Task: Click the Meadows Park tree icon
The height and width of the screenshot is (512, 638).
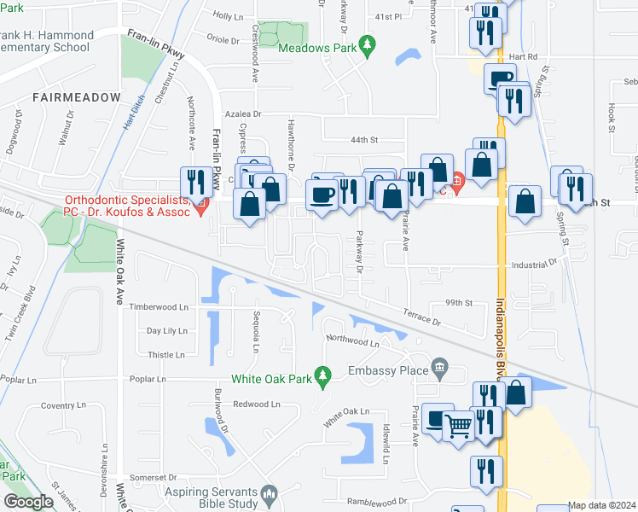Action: point(368,44)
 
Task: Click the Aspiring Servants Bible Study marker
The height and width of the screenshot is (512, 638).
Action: point(270,495)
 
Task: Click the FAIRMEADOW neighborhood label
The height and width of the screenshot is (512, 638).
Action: point(77,97)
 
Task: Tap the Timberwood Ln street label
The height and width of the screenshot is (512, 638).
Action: point(159,306)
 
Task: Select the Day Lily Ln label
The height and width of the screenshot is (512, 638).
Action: point(165,330)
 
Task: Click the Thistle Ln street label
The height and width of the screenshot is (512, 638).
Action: point(166,355)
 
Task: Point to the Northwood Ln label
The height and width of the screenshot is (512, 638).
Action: point(352,340)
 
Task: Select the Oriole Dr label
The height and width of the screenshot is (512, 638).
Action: point(224,38)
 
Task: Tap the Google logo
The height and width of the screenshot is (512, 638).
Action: point(28,502)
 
